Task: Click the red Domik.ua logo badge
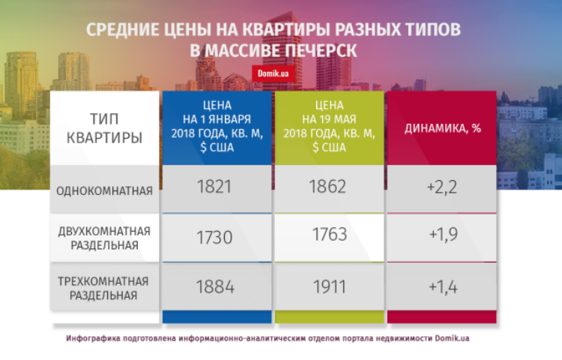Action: click(273, 73)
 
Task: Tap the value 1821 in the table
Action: click(214, 187)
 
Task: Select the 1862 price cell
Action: click(327, 187)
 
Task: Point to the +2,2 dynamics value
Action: click(442, 187)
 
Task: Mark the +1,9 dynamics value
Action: click(444, 235)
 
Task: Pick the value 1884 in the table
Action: click(215, 286)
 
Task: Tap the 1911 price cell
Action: click(330, 286)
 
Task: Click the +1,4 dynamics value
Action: click(443, 287)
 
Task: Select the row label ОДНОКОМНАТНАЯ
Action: click(104, 190)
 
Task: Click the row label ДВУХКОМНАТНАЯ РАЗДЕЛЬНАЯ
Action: click(104, 238)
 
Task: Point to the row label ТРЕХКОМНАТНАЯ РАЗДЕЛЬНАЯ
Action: click(103, 288)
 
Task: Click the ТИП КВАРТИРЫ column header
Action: click(104, 128)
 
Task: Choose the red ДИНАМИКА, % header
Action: click(443, 128)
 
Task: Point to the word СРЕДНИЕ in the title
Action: click(122, 29)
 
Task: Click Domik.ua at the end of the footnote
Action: click(452, 338)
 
